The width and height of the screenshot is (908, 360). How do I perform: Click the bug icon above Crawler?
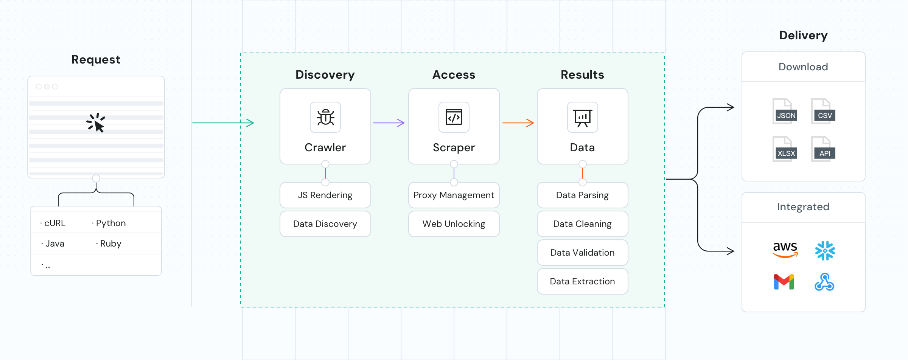tap(325, 117)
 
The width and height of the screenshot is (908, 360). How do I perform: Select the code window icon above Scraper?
tap(454, 117)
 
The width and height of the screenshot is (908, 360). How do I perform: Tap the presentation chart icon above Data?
tap(583, 117)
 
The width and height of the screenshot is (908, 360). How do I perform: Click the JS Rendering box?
tap(325, 195)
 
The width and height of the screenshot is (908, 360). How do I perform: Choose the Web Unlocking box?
tap(454, 224)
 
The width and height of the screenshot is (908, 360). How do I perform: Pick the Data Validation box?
tap(583, 253)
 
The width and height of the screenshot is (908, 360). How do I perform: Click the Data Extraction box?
tap(583, 281)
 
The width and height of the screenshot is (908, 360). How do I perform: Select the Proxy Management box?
tap(454, 195)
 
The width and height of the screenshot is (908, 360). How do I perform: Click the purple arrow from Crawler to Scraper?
tap(389, 123)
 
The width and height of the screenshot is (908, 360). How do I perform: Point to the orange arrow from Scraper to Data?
tap(518, 123)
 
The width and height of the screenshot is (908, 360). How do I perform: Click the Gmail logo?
tap(784, 282)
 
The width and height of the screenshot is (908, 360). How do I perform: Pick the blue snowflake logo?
tap(825, 250)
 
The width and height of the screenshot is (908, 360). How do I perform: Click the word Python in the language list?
tap(110, 223)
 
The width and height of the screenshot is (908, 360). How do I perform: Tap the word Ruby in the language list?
tap(110, 244)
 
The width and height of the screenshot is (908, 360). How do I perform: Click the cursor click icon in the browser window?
tap(96, 123)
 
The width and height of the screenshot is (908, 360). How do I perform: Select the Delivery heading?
tap(803, 35)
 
